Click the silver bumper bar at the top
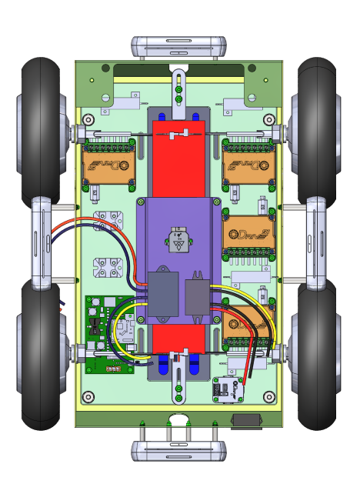pyautogui.click(x=178, y=47)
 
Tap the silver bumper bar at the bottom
pyautogui.click(x=178, y=451)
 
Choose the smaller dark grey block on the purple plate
pyautogui.click(x=197, y=297)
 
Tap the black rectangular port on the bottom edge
pyautogui.click(x=246, y=419)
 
